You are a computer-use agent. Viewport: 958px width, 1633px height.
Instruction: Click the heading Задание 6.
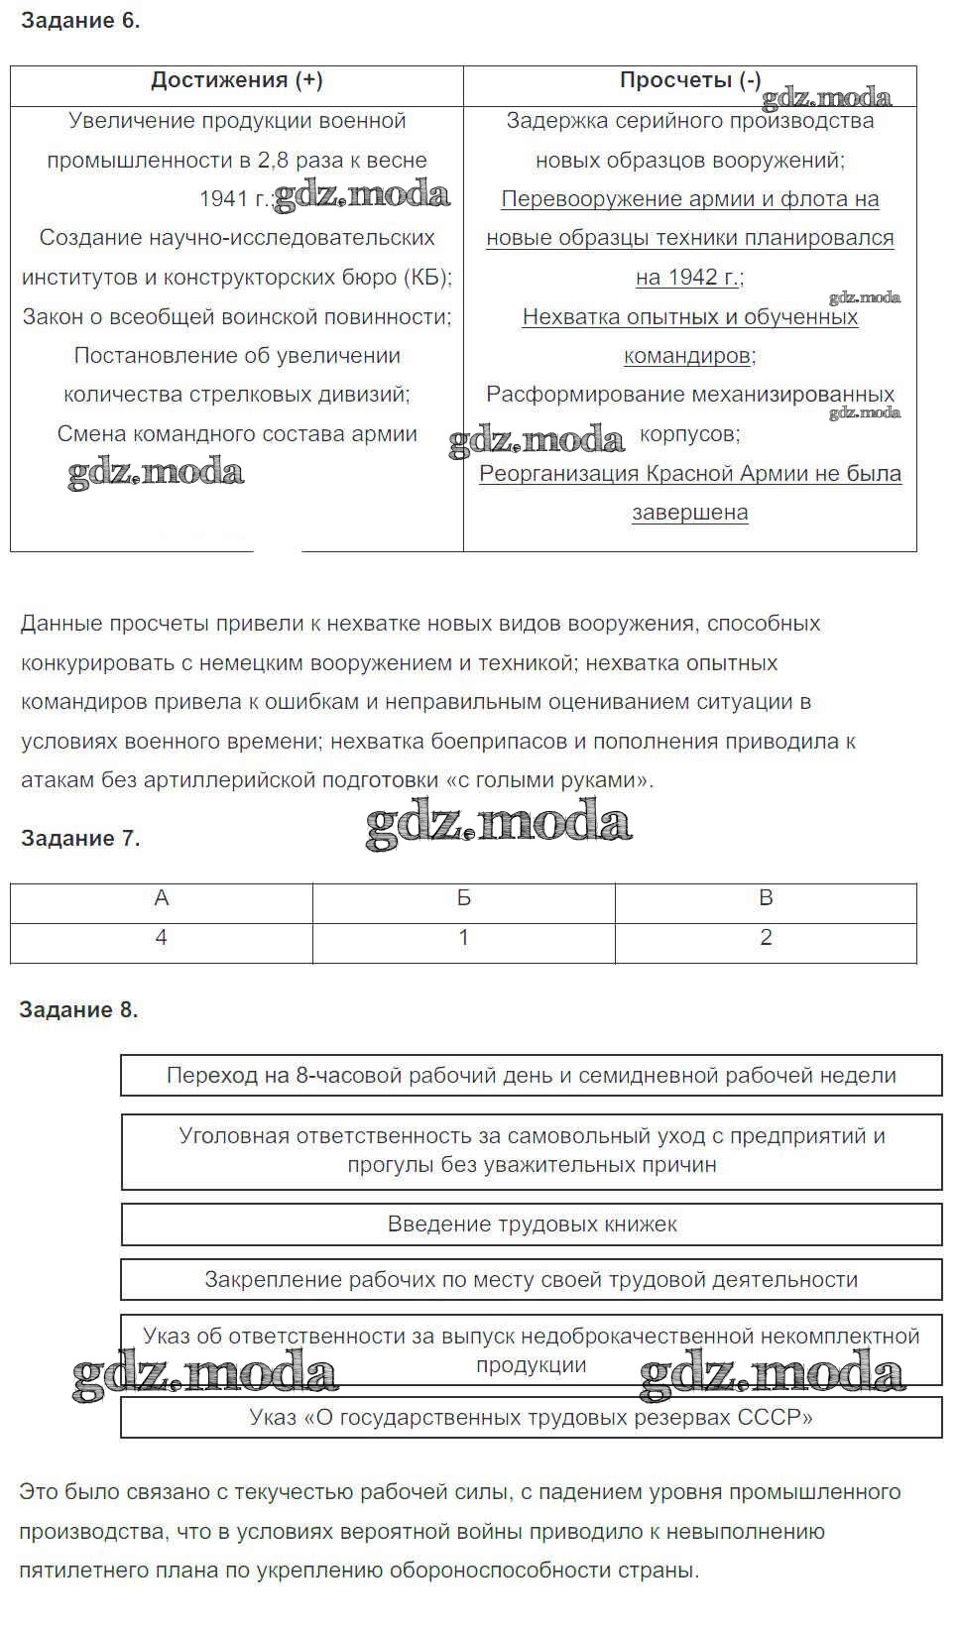80,21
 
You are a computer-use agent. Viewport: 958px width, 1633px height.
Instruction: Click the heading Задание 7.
80,838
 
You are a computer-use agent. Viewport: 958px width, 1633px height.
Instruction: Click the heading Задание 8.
79,1009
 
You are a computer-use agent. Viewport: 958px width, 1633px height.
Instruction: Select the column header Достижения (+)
236,80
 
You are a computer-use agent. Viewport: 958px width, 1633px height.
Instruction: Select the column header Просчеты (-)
689,80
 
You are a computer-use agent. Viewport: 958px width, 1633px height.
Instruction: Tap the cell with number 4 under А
162,937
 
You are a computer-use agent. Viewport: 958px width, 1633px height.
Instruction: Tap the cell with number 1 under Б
463,937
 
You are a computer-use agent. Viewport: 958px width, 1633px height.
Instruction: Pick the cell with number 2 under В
766,937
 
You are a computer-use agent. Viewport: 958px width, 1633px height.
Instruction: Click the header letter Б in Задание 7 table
463,897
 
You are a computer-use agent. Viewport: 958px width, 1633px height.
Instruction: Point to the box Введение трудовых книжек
532,1225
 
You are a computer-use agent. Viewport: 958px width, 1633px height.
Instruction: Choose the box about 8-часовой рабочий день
532,1076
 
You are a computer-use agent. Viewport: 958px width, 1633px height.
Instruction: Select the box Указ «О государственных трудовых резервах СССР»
532,1417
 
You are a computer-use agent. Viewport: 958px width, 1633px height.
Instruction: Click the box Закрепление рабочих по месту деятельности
532,1279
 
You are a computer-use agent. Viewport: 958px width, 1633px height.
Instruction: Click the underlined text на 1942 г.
687,277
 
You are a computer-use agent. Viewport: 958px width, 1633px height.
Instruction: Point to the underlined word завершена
689,513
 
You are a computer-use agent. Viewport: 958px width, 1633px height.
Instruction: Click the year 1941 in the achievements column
223,198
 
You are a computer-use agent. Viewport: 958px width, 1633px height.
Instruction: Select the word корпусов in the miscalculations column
689,433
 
